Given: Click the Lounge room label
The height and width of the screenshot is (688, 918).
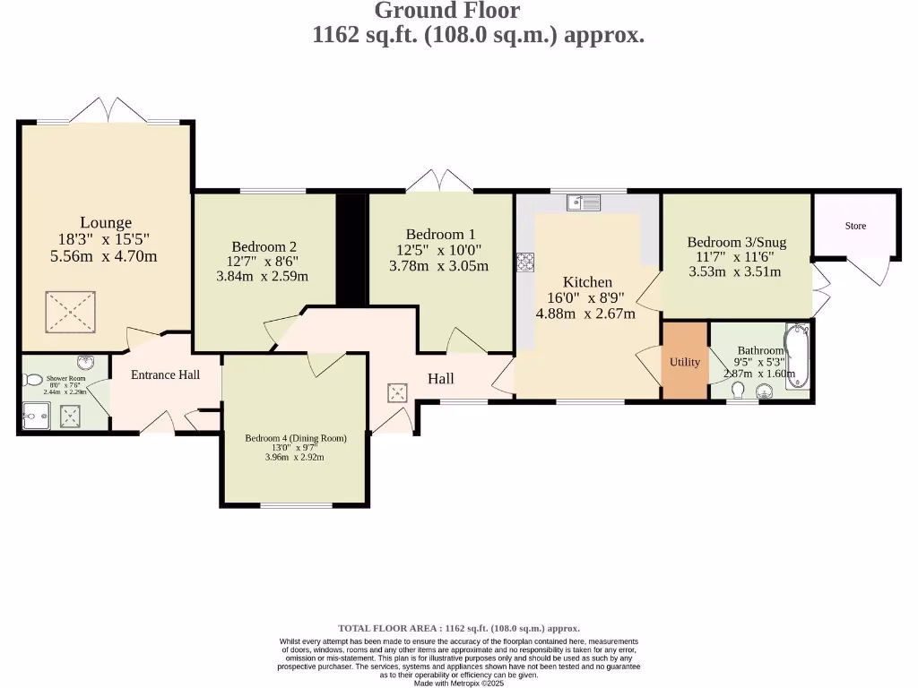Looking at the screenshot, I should click(106, 222).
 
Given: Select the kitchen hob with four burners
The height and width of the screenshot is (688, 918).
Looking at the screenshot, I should click(525, 262).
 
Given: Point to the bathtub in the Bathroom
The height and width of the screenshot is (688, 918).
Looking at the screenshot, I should click(796, 358).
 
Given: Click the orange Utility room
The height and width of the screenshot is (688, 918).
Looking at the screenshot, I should click(685, 362).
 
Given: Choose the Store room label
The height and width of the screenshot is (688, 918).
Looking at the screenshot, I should click(855, 226).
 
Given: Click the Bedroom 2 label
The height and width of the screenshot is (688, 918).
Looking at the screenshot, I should click(264, 246).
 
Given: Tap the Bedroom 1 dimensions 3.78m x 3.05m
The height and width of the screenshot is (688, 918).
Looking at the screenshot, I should click(438, 266).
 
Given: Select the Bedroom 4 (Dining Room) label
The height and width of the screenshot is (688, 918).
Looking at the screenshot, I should click(295, 438).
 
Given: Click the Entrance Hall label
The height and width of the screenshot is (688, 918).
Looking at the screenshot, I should click(165, 374).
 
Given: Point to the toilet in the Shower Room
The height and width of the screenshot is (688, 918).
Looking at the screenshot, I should click(33, 380).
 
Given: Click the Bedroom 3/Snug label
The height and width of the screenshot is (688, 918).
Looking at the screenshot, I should click(736, 242).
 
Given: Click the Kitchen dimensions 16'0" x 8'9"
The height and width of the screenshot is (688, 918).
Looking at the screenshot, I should click(586, 298).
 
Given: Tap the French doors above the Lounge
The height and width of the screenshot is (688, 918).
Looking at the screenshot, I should click(109, 112).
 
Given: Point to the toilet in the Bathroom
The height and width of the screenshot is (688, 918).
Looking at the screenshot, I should click(739, 391).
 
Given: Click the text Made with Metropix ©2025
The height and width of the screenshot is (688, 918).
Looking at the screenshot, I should click(458, 683).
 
